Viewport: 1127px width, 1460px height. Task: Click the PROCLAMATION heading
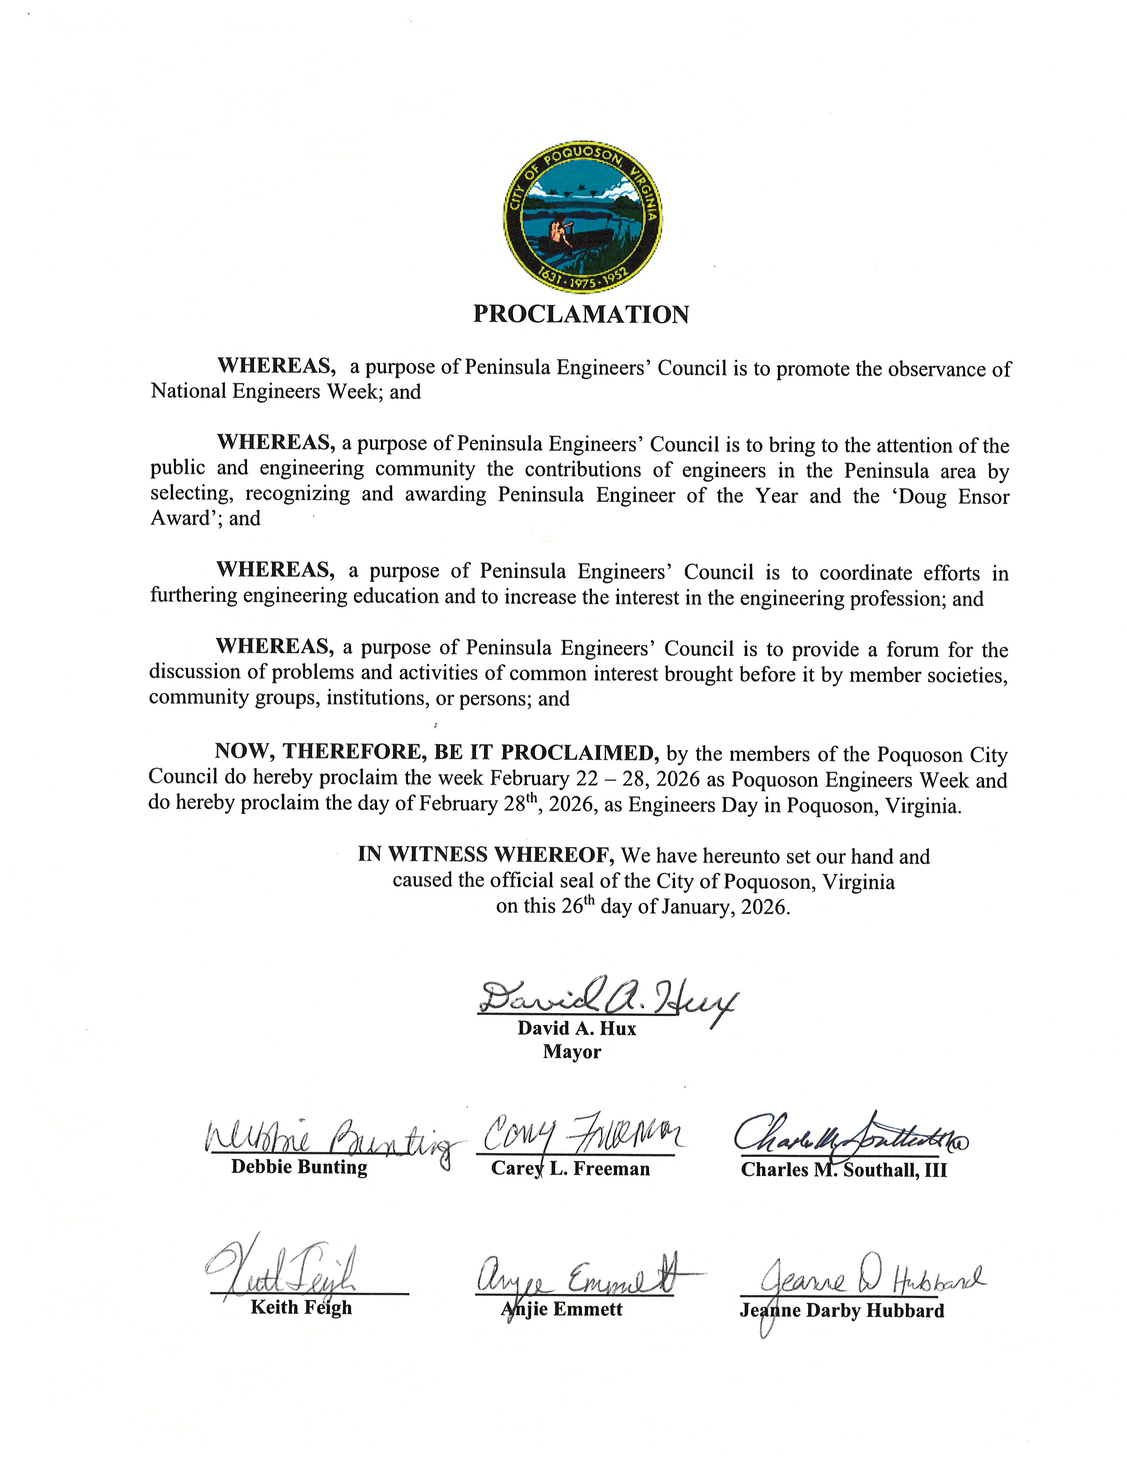coord(581,314)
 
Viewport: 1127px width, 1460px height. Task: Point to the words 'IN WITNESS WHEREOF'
coord(486,854)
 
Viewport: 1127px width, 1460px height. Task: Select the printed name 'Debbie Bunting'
coord(299,1167)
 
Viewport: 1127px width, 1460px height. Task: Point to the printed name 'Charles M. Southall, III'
coord(843,1169)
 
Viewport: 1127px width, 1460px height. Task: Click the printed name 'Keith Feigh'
coord(301,1307)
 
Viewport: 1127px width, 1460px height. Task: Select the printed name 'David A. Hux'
coord(576,1028)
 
